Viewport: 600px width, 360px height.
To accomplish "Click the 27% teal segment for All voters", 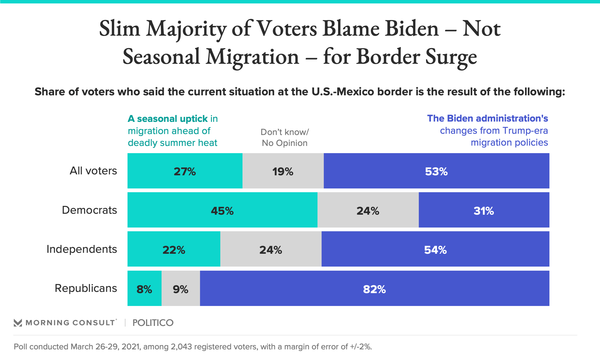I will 185,171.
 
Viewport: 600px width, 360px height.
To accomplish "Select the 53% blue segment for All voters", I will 436,171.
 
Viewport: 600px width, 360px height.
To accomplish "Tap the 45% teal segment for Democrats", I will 222,210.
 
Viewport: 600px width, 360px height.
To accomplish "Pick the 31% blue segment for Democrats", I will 484,210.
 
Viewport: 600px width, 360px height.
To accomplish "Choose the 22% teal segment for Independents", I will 174,249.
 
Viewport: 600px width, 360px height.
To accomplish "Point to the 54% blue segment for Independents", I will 435,249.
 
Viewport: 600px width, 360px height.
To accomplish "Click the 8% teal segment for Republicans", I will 144,288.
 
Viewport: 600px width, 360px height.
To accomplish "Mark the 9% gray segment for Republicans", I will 181,288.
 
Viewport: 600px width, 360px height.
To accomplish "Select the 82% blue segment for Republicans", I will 374,288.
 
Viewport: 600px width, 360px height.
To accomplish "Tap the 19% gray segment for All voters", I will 283,171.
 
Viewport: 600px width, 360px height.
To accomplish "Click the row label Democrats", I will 89,210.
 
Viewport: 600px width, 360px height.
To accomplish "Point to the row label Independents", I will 82,249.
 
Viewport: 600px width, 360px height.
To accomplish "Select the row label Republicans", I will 86,288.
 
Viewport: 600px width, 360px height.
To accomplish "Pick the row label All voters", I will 93,171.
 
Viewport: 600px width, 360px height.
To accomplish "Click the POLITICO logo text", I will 153,323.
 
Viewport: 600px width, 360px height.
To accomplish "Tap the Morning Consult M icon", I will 18,323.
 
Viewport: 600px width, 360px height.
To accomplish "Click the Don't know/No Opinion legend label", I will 285,137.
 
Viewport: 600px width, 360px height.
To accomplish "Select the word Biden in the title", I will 412,29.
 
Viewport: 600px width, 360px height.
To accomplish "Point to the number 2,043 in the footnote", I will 181,347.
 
